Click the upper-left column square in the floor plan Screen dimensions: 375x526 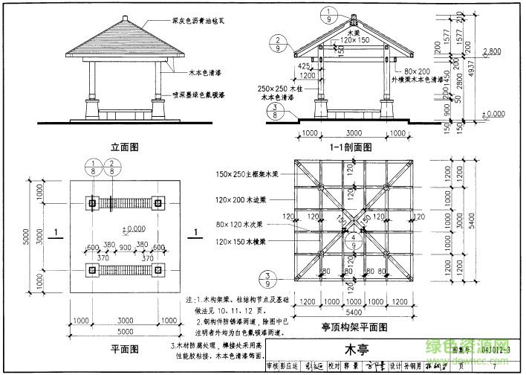tap(92, 202)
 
